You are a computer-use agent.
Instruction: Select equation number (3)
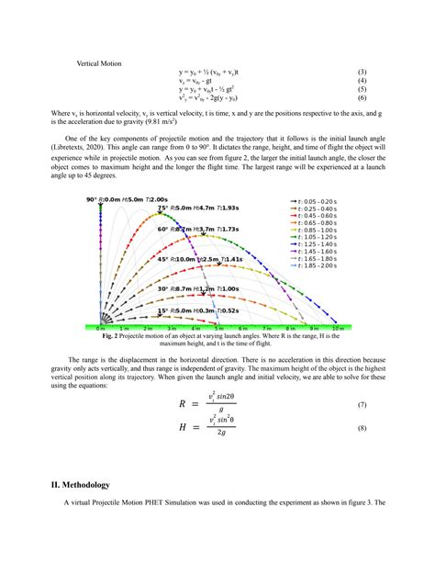tap(362, 72)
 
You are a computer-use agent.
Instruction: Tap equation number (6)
tap(362, 97)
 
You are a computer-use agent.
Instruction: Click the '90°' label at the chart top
tap(92, 199)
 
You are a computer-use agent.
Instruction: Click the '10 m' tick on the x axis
tap(338, 328)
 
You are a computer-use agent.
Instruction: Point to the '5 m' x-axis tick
tap(218, 328)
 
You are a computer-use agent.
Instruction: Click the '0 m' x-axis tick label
tap(100, 328)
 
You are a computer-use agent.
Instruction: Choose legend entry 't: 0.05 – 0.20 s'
tap(316, 200)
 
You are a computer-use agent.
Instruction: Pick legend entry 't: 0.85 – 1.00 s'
tap(316, 230)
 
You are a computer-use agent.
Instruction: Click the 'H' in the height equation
tap(183, 428)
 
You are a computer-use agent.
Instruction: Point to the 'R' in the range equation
tap(183, 403)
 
